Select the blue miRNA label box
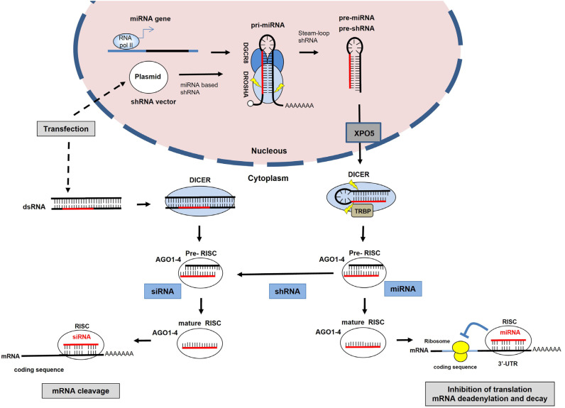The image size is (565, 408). click(x=402, y=288)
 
